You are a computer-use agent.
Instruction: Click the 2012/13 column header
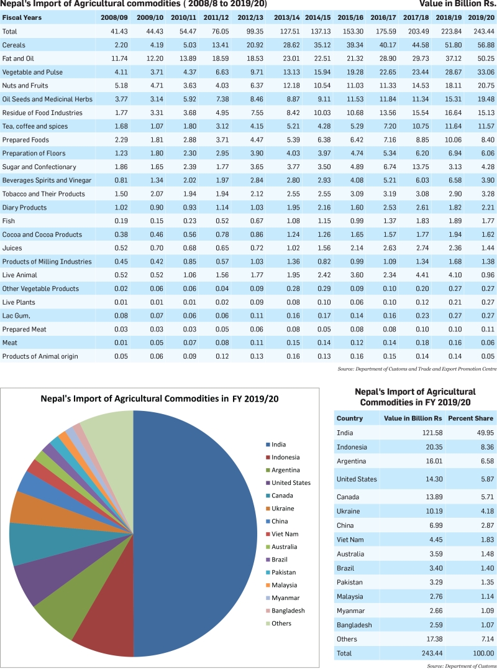[250, 18]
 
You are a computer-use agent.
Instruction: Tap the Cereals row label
[14, 45]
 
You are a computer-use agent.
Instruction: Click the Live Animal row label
[20, 275]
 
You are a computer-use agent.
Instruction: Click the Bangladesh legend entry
[285, 611]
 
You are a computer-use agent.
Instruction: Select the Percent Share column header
[470, 418]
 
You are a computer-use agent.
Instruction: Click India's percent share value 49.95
[485, 433]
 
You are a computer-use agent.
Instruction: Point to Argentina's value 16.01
[434, 461]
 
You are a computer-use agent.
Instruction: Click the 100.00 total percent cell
[483, 653]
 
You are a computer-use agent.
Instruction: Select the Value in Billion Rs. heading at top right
[457, 4]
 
